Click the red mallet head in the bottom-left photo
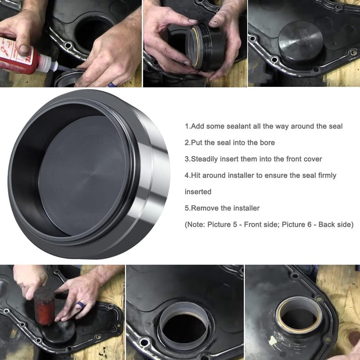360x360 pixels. click(x=45, y=305)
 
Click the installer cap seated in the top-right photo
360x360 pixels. click(x=300, y=43)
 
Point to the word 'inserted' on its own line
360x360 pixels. click(x=198, y=192)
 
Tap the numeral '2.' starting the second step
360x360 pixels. click(x=188, y=142)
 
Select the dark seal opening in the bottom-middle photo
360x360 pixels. click(x=184, y=329)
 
